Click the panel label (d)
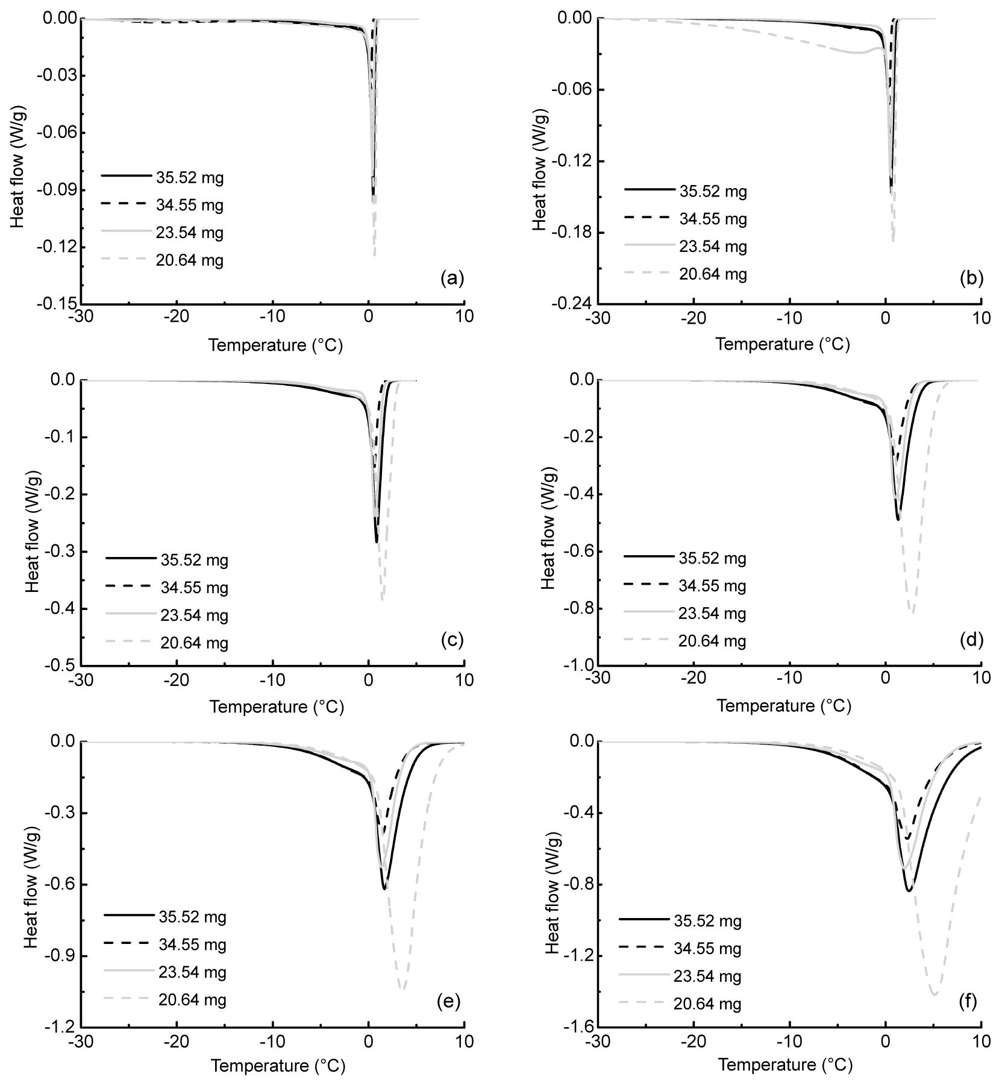pyautogui.click(x=971, y=640)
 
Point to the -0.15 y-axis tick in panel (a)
pyautogui.click(x=58, y=304)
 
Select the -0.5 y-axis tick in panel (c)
pyautogui.click(x=61, y=665)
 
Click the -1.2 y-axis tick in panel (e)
pyautogui.click(x=61, y=1027)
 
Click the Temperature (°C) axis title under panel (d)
pyautogui.click(x=784, y=706)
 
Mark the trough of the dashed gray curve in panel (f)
pyautogui.click(x=935, y=994)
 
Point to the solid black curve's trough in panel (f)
pyautogui.click(x=909, y=890)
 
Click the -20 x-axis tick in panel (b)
pyautogui.click(x=694, y=317)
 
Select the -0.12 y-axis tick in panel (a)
pyautogui.click(x=58, y=247)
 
